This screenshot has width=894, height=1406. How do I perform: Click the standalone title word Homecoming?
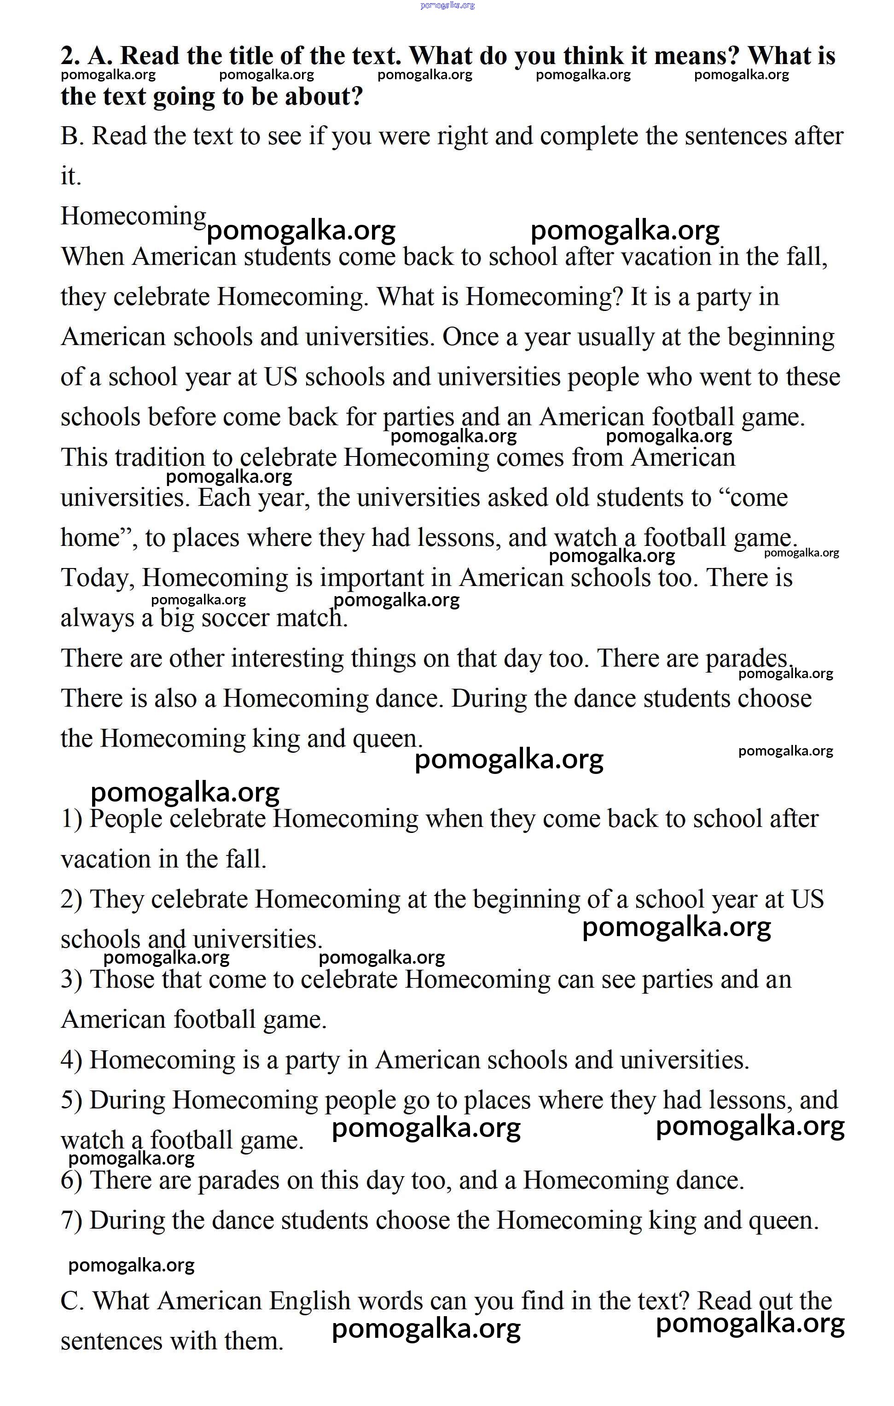pos(133,216)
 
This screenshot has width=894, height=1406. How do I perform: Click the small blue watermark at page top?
pos(447,5)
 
